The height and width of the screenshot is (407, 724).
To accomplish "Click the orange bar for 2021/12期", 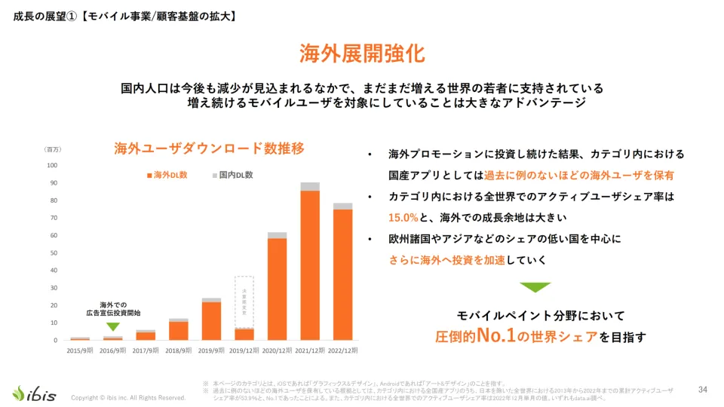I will pyautogui.click(x=310, y=265).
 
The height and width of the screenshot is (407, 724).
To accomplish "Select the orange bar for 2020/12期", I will pyautogui.click(x=277, y=289).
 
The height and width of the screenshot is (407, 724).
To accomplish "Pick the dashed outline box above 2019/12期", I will pyautogui.click(x=244, y=301).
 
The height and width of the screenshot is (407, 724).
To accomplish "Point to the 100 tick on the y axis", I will pyautogui.click(x=52, y=165).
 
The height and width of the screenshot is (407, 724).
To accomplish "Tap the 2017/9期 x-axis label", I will pyautogui.click(x=146, y=350).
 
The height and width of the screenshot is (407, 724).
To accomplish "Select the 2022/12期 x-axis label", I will pyautogui.click(x=342, y=350).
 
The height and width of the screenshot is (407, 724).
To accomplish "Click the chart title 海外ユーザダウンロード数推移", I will pyautogui.click(x=209, y=148).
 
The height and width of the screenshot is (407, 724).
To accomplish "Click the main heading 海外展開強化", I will pyautogui.click(x=362, y=54).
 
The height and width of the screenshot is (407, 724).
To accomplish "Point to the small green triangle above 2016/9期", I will pyautogui.click(x=112, y=326).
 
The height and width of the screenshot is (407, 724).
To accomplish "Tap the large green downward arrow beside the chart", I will pyautogui.click(x=535, y=287).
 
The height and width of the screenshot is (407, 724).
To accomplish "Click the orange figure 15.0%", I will pyautogui.click(x=403, y=217).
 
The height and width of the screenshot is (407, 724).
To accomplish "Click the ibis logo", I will pyautogui.click(x=34, y=393).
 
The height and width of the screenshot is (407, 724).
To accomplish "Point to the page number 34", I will pyautogui.click(x=702, y=389).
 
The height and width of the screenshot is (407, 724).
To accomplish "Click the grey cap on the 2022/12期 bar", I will pyautogui.click(x=343, y=206).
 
